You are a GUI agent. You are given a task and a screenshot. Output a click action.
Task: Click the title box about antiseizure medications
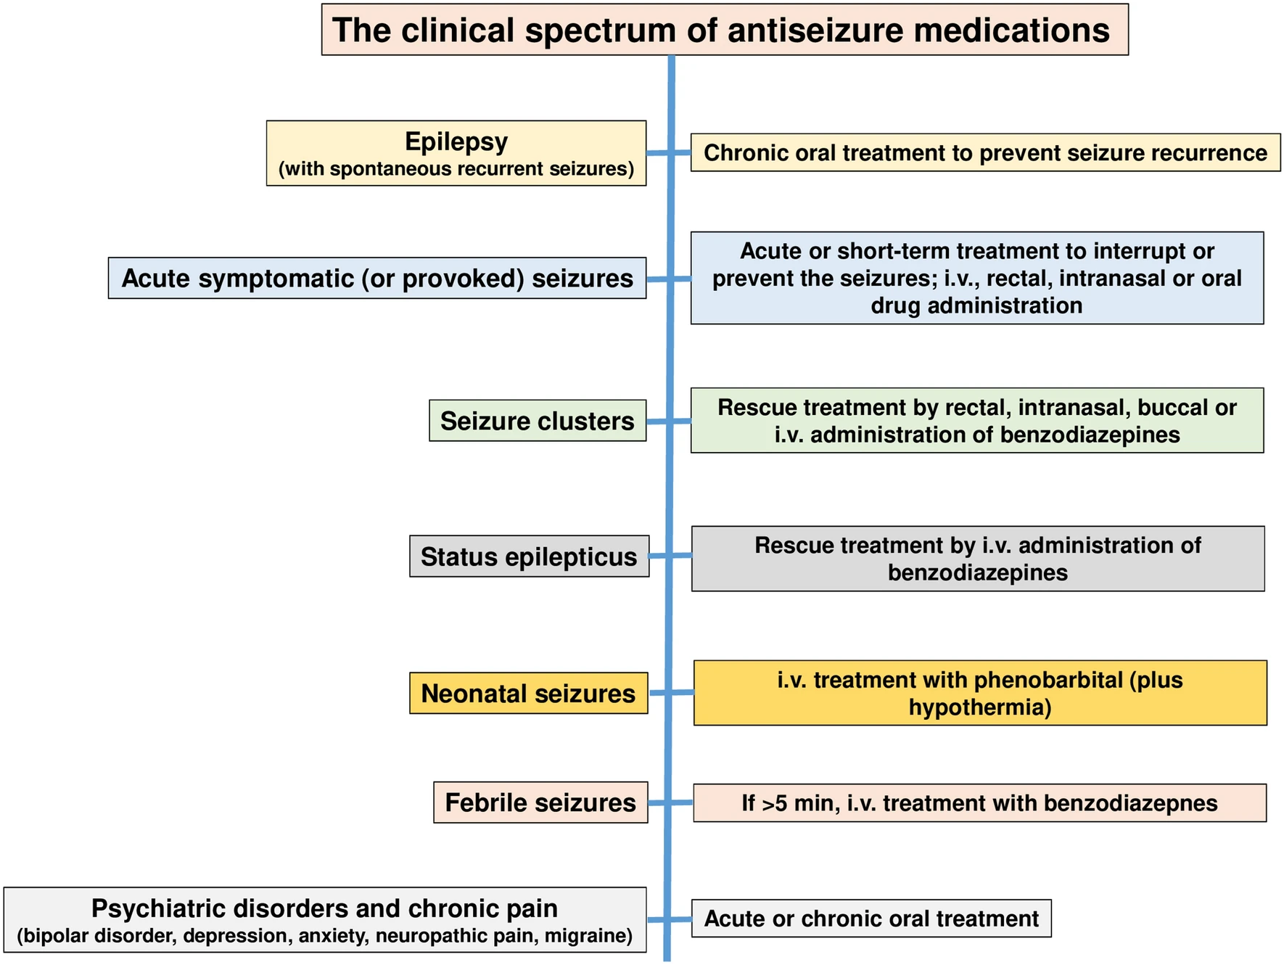(x=724, y=30)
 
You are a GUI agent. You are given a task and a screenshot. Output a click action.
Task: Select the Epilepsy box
(x=456, y=153)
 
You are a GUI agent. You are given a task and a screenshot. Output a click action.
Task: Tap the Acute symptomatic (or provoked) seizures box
(x=376, y=278)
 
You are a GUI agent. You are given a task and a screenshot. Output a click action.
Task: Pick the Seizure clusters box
(x=537, y=421)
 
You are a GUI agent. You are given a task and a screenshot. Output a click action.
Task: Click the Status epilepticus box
(x=528, y=557)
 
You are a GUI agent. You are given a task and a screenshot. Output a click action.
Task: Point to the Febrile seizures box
(x=540, y=802)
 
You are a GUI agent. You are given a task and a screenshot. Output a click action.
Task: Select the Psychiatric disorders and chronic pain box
(x=324, y=920)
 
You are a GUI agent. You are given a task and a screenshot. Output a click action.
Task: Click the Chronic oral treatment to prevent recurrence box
(x=984, y=152)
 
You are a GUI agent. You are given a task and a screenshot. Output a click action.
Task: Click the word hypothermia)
(x=979, y=707)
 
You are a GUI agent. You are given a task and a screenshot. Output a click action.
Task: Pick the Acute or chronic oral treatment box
(x=871, y=919)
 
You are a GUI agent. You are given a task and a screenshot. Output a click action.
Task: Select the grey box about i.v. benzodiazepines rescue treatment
(x=977, y=559)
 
